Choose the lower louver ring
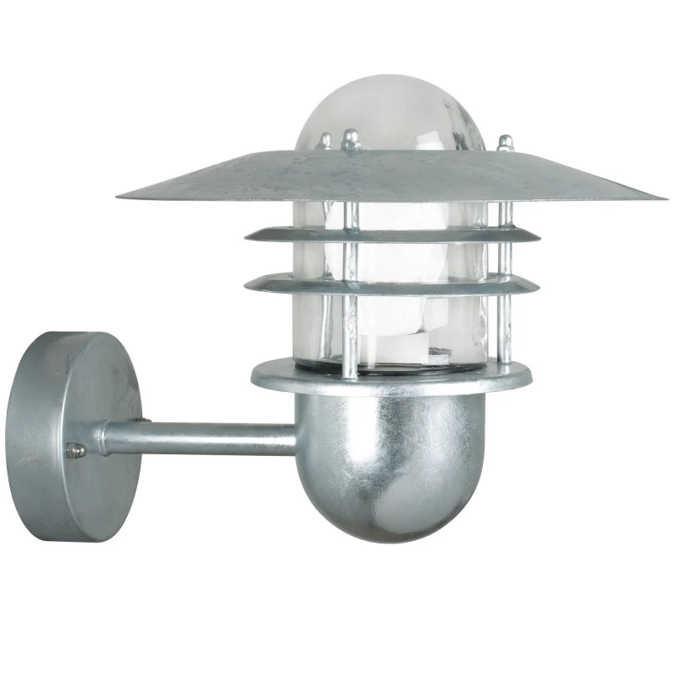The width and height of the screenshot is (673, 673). click(370, 283)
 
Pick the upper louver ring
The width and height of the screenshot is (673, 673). click(370, 233)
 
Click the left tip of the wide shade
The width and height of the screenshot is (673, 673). click(120, 199)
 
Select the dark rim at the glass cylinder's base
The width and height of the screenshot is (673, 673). click(379, 363)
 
